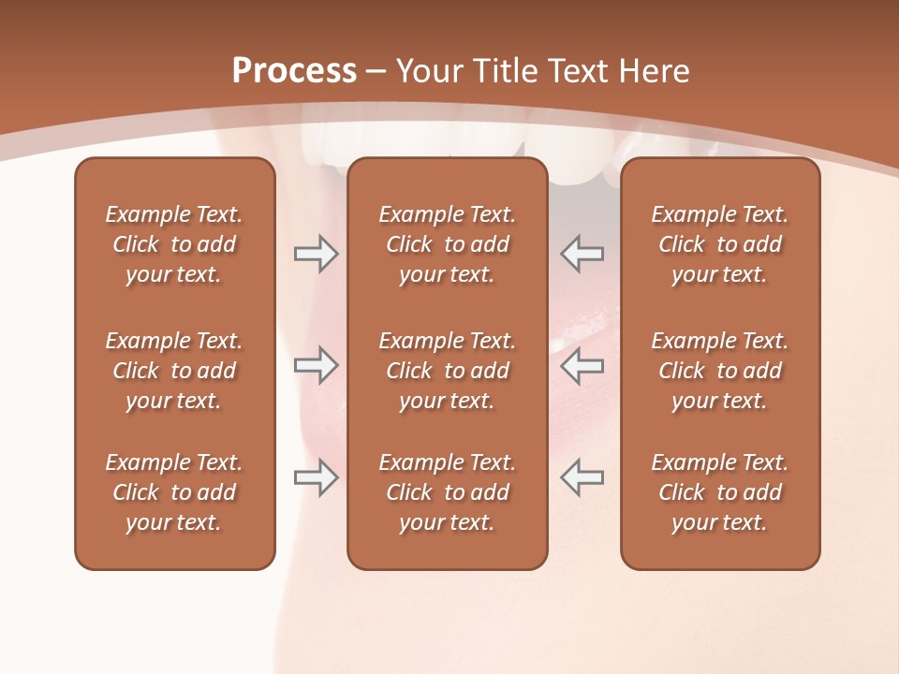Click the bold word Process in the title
(x=294, y=71)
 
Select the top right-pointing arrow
(x=316, y=254)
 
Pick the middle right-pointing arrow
(x=316, y=365)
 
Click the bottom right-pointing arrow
(x=316, y=477)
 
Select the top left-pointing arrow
(x=582, y=254)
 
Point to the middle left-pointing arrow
(x=582, y=365)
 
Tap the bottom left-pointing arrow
(x=582, y=477)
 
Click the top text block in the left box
(x=174, y=244)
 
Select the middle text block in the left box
(x=174, y=371)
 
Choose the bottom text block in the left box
(x=174, y=492)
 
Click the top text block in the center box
(x=447, y=244)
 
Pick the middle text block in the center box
(x=447, y=371)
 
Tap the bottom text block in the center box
(x=447, y=492)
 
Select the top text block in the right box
(x=720, y=244)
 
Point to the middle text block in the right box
(x=720, y=371)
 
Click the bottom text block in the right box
(x=720, y=492)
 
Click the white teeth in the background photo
(x=581, y=159)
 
